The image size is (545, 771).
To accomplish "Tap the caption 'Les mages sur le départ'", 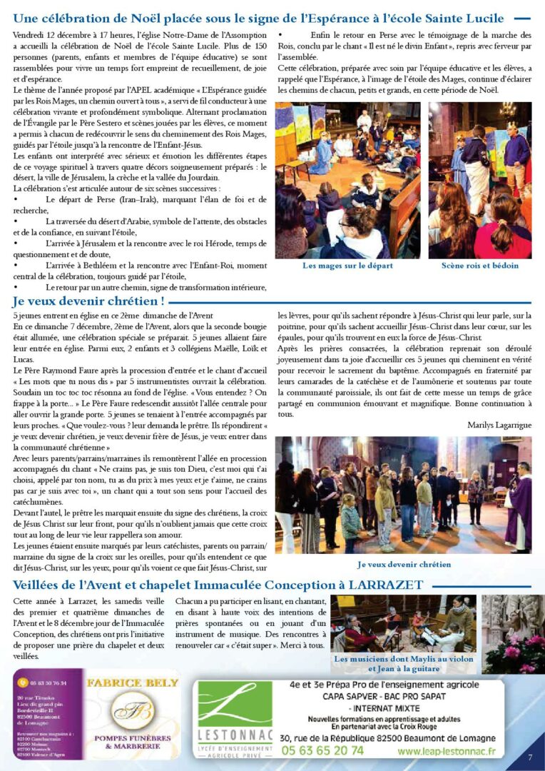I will (347, 266).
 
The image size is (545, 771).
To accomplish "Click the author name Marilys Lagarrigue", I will (499, 425).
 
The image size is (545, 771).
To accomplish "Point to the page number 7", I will (530, 757).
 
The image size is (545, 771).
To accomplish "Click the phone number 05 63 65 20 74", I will (322, 750).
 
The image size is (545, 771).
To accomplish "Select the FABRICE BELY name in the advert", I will (133, 683).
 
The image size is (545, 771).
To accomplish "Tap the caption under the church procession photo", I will (404, 564).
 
